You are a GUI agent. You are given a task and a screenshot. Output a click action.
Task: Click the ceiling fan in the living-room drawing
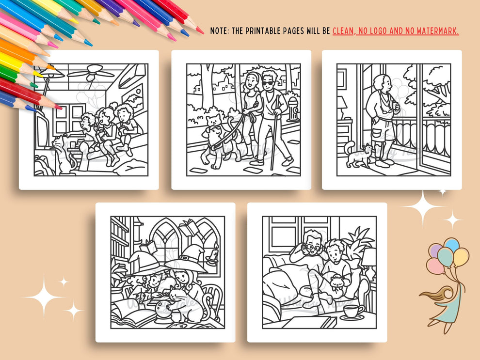click(x=91, y=73)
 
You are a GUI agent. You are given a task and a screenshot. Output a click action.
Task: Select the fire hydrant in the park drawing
click(x=292, y=109)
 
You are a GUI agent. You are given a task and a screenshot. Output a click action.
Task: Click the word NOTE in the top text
click(x=219, y=31)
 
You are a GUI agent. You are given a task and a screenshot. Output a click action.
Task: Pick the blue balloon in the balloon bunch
click(x=451, y=244)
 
